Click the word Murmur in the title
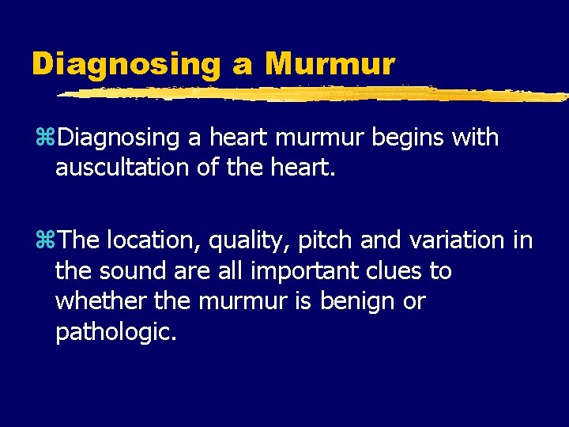330,63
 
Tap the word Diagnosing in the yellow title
126,63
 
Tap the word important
298,270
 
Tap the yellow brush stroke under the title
316,93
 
